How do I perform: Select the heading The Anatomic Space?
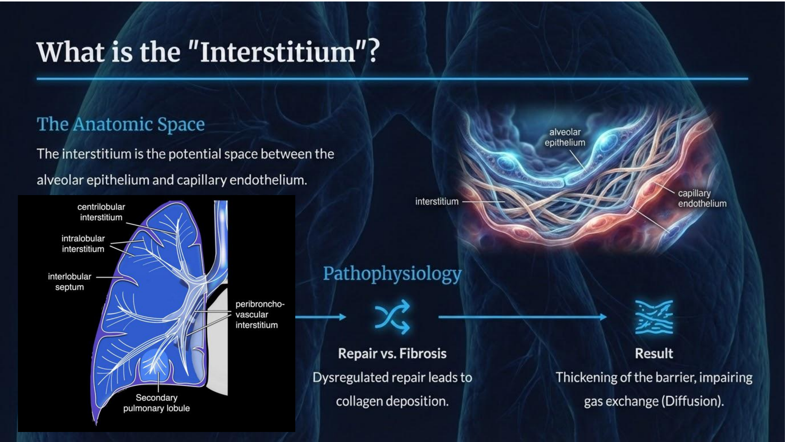[x=121, y=124]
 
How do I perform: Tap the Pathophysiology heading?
[x=392, y=274]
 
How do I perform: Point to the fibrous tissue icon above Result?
[x=654, y=317]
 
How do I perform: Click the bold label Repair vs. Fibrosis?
[x=392, y=354]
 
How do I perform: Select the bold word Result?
[x=654, y=354]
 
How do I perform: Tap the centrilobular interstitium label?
[x=101, y=212]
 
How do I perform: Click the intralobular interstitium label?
[x=83, y=244]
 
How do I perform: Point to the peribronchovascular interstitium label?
[x=260, y=314]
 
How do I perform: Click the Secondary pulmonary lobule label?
[x=157, y=403]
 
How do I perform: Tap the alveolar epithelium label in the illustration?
[x=565, y=137]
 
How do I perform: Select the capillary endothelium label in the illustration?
[x=702, y=198]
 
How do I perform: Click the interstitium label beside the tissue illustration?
[x=437, y=201]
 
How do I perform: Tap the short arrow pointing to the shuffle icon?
[x=321, y=317]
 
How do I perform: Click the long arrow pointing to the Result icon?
[x=523, y=317]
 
